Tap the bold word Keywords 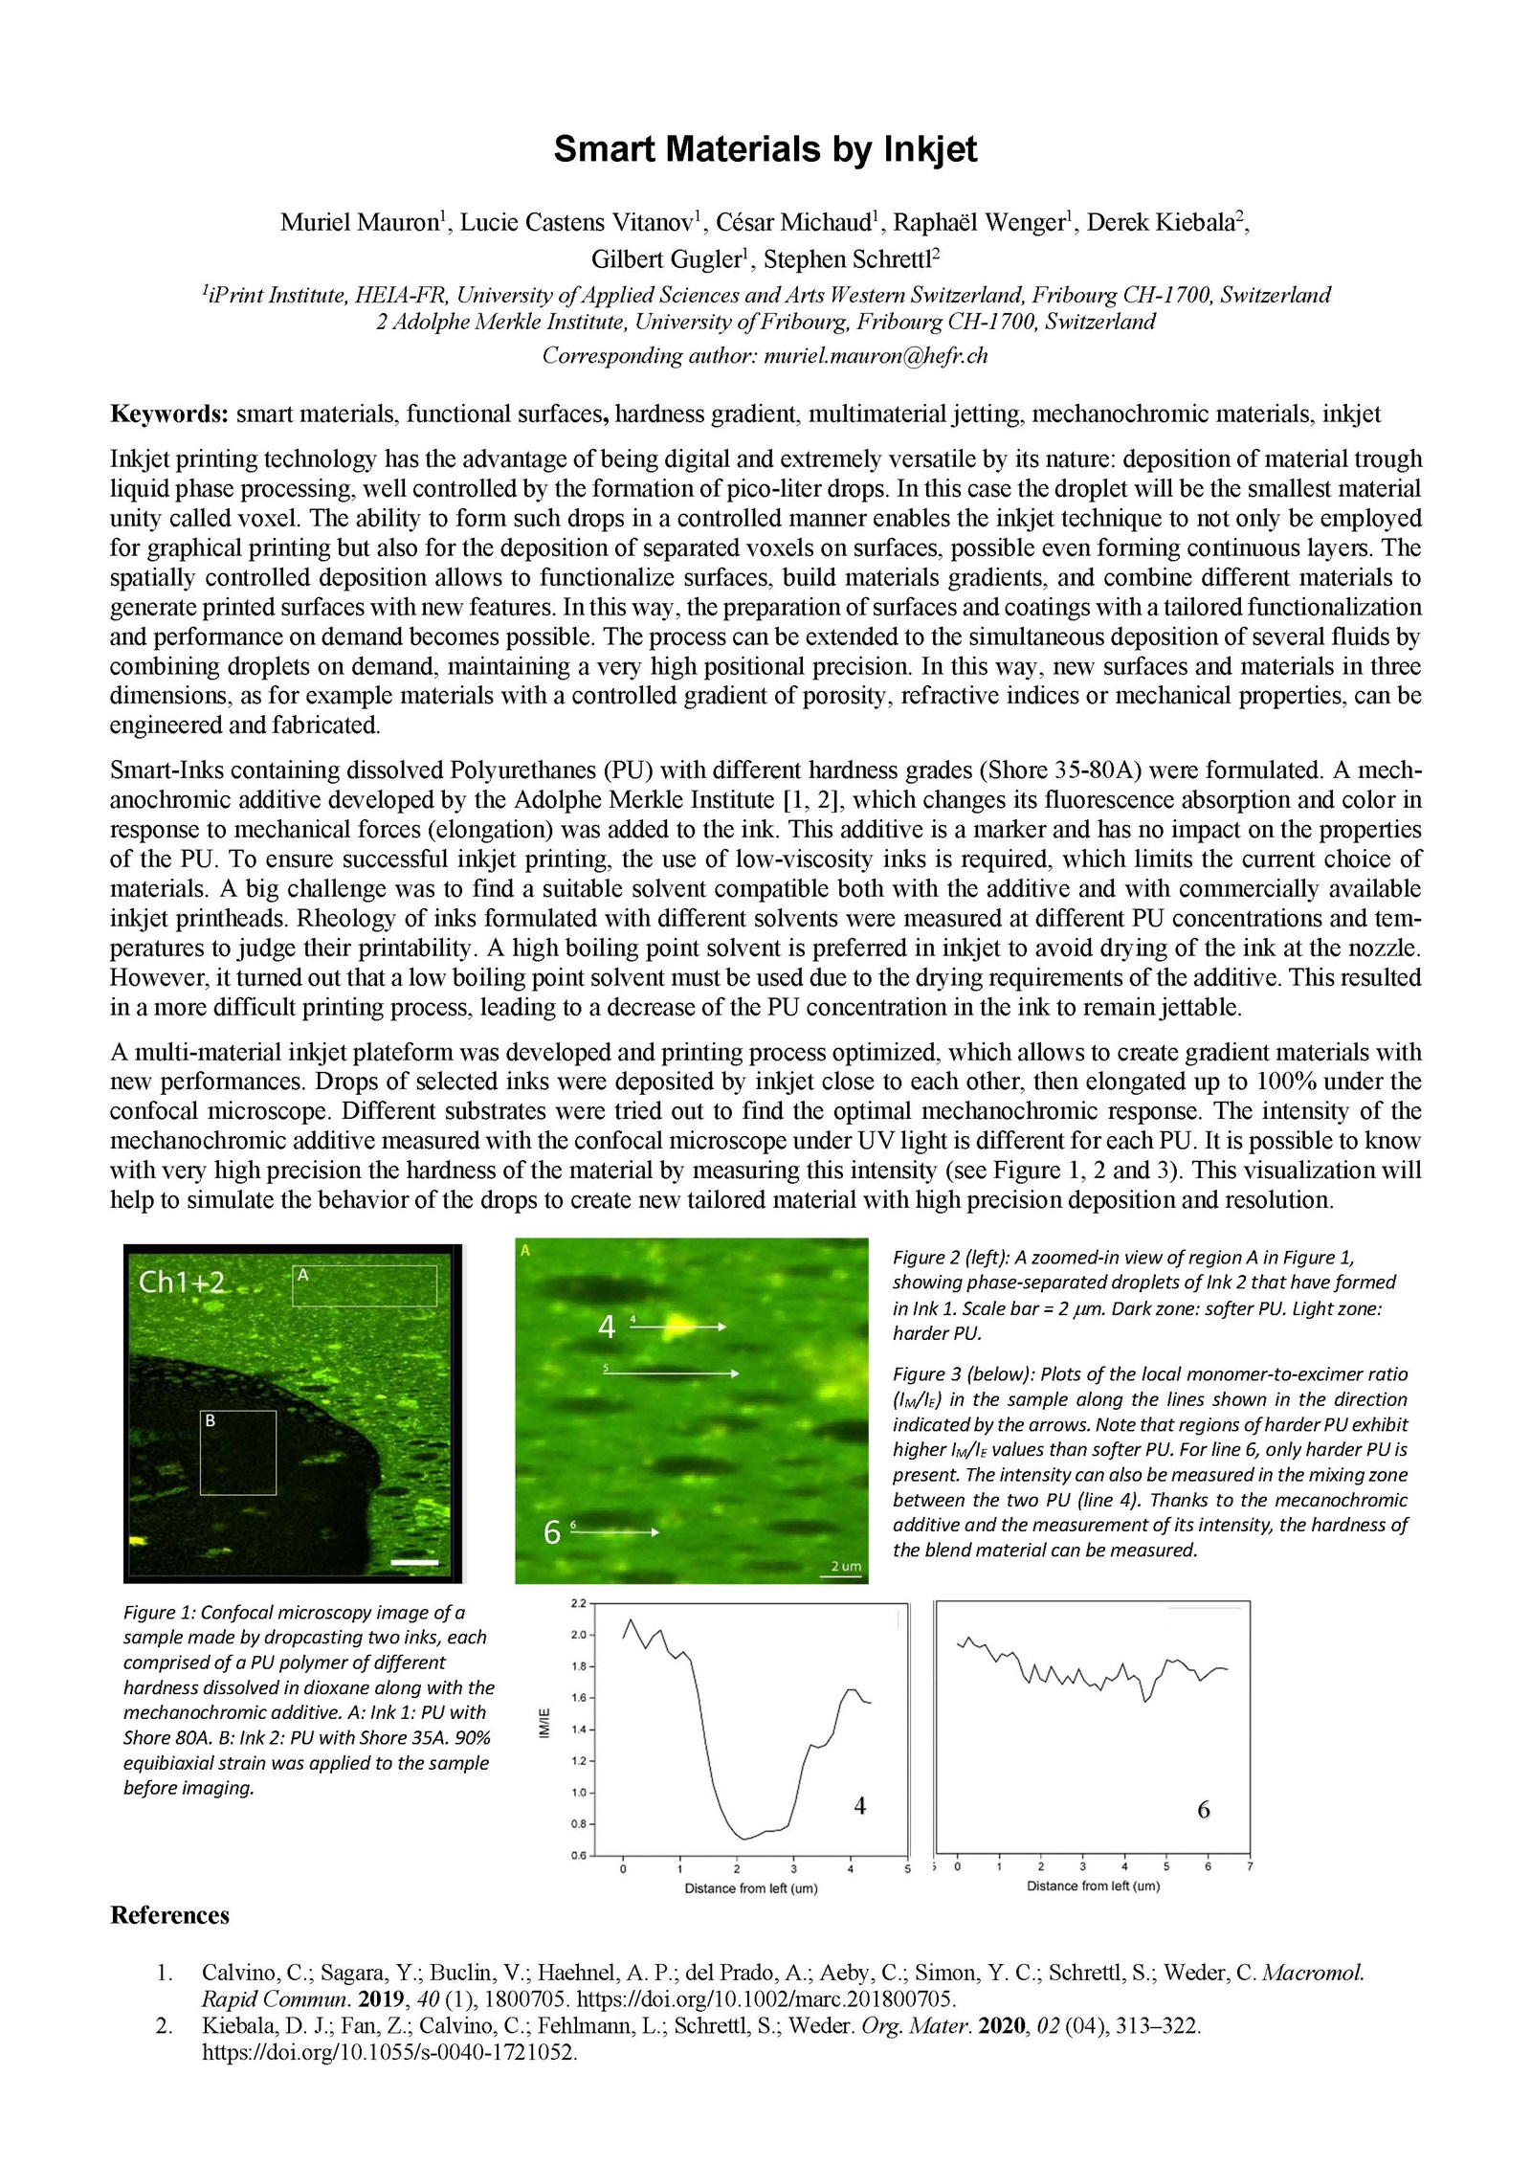click(168, 414)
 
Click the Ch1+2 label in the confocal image click(179, 1282)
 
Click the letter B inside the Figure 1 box click(210, 1421)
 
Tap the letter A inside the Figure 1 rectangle click(302, 1274)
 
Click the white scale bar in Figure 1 click(415, 1562)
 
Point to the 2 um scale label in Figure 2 click(845, 1567)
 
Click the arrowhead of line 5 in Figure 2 click(734, 1373)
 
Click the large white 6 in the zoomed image click(551, 1533)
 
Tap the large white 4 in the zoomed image click(606, 1328)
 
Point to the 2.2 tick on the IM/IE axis click(579, 1602)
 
